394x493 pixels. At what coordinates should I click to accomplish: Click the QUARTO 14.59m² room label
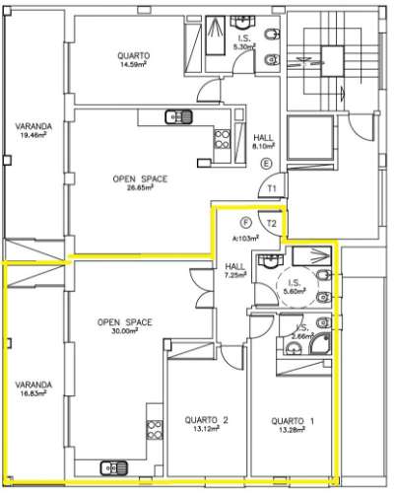133,59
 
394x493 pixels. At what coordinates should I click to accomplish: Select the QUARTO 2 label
206,425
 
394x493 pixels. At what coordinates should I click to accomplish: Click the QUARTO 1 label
293,425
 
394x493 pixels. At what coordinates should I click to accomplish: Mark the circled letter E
265,164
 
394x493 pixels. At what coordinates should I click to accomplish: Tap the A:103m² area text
244,239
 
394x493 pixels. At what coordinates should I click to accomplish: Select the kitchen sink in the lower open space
113,468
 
